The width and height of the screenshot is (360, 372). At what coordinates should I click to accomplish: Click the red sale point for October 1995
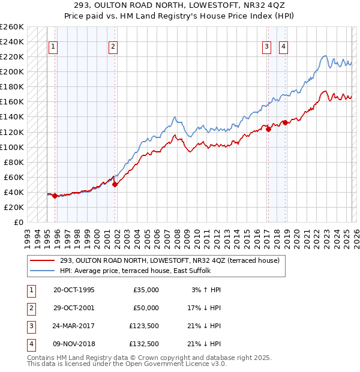point(55,196)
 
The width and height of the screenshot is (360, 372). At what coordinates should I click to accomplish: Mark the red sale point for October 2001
point(115,184)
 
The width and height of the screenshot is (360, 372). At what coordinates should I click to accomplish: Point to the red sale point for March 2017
point(268,129)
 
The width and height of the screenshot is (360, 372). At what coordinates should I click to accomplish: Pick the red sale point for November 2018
point(286,122)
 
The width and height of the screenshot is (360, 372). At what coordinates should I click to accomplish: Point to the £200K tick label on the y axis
point(11,71)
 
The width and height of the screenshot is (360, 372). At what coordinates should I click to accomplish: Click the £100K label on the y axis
point(11,147)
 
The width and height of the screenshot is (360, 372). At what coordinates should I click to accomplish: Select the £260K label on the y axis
point(11,27)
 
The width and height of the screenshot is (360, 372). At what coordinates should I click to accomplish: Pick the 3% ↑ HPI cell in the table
point(207,290)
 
